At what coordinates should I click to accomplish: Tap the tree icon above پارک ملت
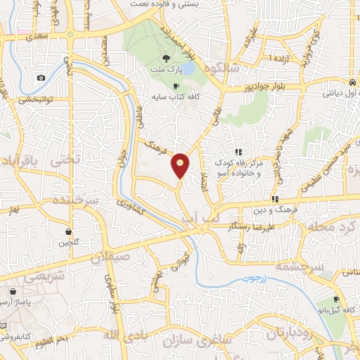pos(165,59)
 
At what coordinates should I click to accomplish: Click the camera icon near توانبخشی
pos(41,77)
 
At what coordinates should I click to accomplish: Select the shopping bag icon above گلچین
pos(68,231)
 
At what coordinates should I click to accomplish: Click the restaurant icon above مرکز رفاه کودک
pos(239,151)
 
